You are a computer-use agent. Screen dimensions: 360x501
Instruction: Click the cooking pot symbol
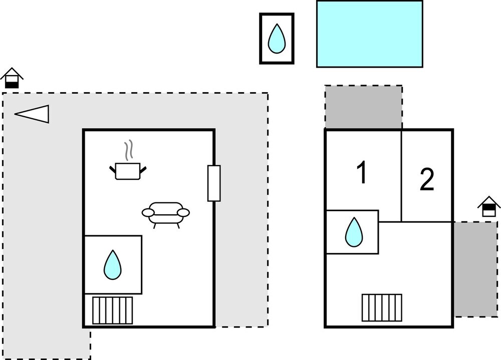coord(128,171)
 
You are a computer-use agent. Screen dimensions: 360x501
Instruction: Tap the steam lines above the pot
coord(129,149)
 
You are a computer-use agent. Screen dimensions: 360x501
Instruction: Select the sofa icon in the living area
coord(166,213)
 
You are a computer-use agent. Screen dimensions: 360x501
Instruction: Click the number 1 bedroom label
coord(362,173)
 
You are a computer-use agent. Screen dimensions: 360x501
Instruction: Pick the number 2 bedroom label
coord(427,180)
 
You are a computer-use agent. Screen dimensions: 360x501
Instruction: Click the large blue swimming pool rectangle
coord(369,34)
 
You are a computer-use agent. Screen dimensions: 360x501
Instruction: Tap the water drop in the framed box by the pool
coord(277,39)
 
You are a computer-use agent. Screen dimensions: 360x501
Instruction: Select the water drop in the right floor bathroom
coord(354,232)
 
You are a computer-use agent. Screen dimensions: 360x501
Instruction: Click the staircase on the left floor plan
coord(113,310)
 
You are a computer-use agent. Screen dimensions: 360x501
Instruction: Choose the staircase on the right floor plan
coord(382,307)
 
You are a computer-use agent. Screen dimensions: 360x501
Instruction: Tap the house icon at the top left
coord(12,79)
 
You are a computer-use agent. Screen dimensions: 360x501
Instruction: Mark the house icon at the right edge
coord(489,207)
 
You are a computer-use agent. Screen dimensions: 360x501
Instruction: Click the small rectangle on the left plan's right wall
coord(214,183)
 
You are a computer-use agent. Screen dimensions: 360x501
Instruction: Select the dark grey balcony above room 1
coord(363,107)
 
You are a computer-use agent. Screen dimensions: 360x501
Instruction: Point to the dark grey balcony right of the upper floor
coord(475,269)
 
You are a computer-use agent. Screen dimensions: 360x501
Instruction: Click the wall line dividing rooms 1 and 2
coord(401,175)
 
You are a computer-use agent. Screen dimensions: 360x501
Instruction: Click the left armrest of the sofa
coord(148,213)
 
